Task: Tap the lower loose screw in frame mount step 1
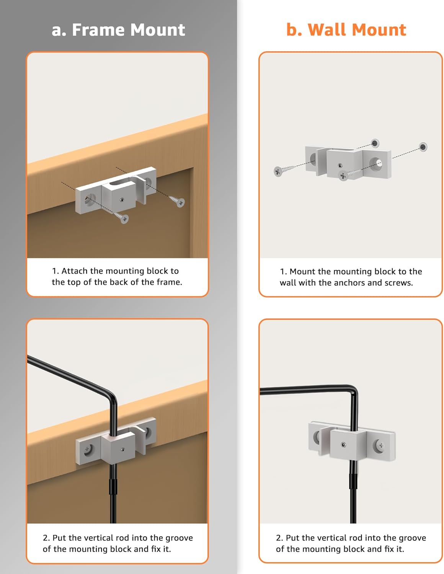pyautogui.click(x=121, y=217)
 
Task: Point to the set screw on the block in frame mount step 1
pyautogui.click(x=122, y=200)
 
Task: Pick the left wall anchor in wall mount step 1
pyautogui.click(x=375, y=143)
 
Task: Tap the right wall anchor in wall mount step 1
pyautogui.click(x=423, y=147)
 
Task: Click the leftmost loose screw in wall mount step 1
pyautogui.click(x=283, y=170)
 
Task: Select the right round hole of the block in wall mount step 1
pyautogui.click(x=377, y=164)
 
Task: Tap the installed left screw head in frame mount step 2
pyautogui.click(x=87, y=449)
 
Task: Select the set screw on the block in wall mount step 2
pyautogui.click(x=343, y=445)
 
